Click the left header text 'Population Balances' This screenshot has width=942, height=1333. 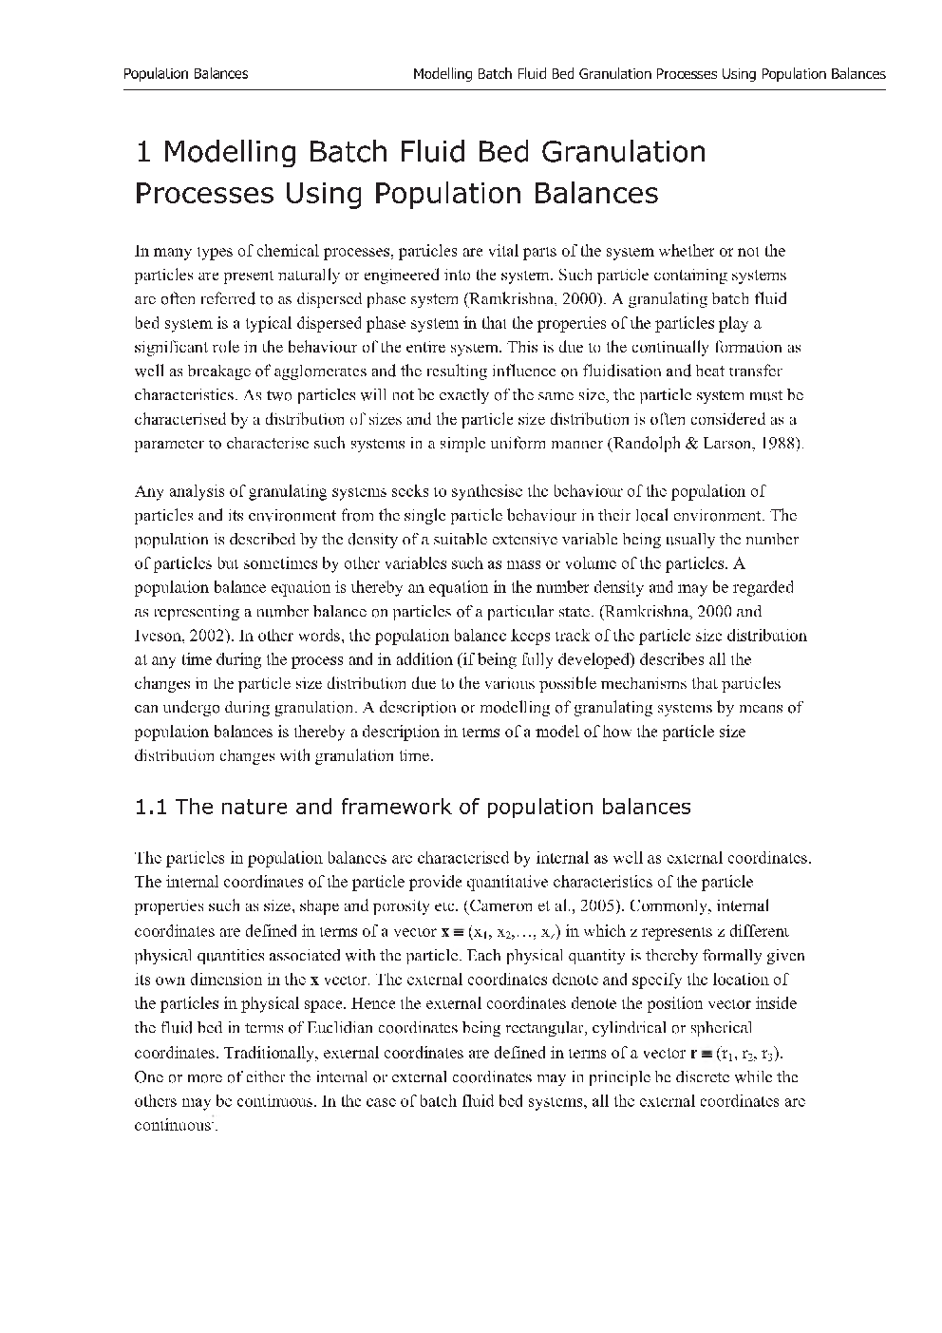coord(186,73)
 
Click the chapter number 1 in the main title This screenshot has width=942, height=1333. coord(143,152)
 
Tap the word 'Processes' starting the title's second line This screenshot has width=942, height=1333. coord(201,194)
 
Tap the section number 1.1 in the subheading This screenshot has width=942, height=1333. coord(151,808)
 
